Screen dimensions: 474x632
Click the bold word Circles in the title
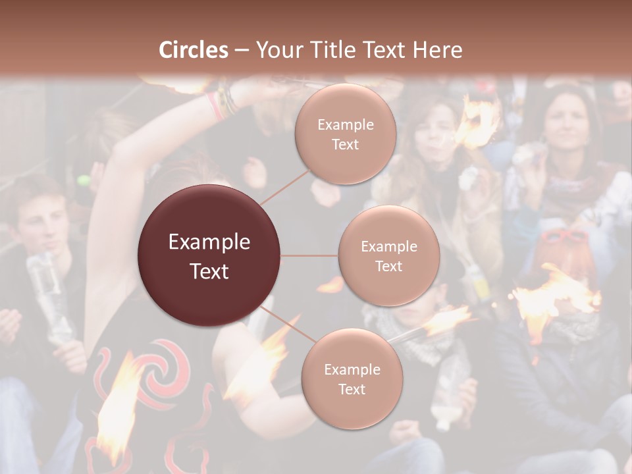194,50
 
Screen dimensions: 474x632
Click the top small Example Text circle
345,134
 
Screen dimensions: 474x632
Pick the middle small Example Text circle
388,256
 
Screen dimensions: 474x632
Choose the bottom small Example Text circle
352,379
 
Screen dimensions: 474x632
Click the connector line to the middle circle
309,255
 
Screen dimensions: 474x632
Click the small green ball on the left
83,180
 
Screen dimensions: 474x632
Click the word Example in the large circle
209,242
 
